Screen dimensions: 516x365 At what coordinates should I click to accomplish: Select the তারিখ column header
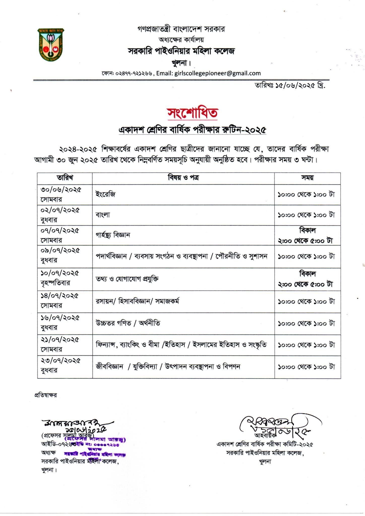coord(65,178)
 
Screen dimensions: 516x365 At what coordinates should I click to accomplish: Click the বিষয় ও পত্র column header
coord(183,178)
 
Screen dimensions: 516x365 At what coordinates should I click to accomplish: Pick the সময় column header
coord(307,178)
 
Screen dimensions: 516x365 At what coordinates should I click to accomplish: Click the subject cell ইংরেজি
coord(106,194)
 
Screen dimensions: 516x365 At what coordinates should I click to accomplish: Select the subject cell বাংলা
coord(103,215)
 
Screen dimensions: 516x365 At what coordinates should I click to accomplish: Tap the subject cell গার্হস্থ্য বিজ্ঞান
coord(113,235)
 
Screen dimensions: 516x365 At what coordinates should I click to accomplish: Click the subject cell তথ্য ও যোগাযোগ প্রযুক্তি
coord(127,279)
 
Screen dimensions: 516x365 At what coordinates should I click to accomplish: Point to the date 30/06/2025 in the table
coord(61,190)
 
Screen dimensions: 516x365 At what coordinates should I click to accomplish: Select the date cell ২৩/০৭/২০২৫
coord(60,361)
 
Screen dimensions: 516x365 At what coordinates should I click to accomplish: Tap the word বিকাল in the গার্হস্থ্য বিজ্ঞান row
coord(307,230)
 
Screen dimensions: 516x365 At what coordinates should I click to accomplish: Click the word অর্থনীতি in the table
coord(149,323)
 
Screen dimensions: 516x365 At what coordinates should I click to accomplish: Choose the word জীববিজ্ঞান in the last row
coord(109,366)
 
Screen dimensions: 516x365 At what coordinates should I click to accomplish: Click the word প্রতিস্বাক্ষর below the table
coord(45,395)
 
